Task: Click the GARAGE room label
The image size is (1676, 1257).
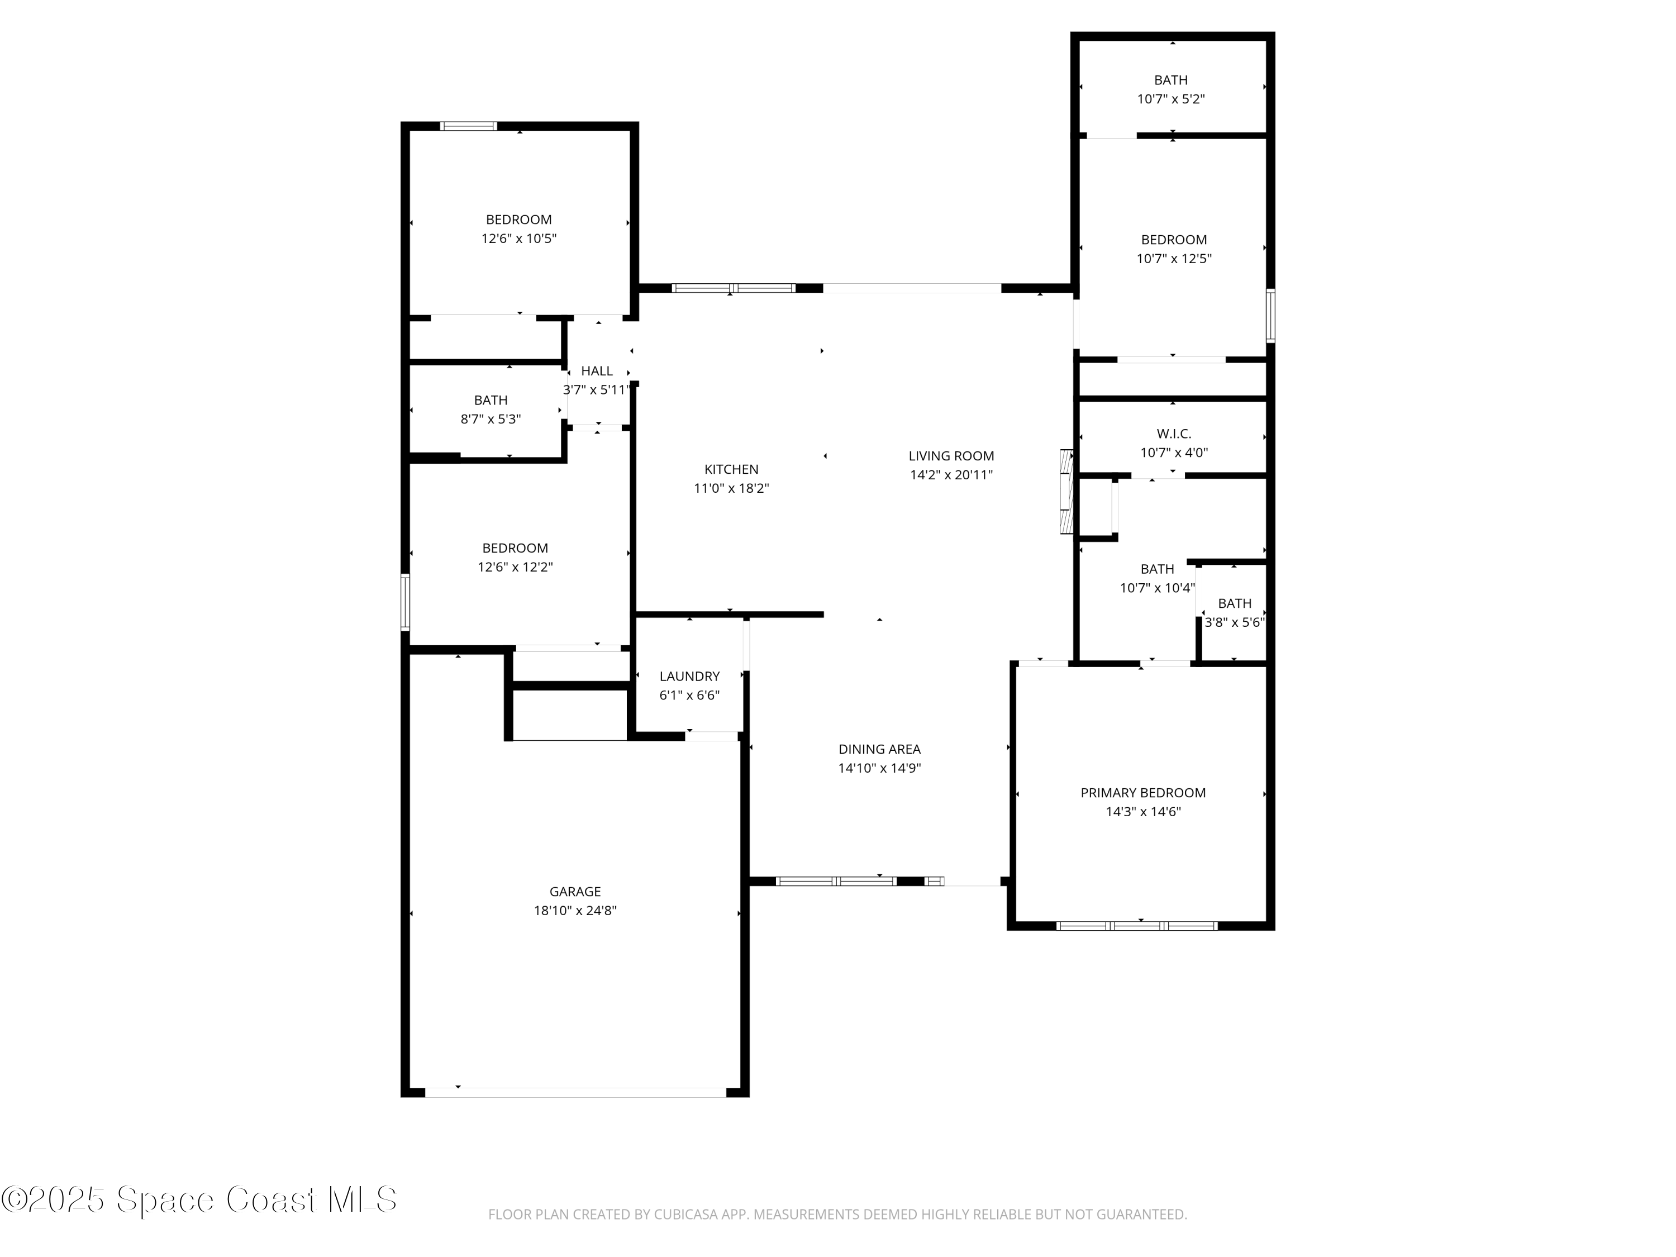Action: [x=575, y=892]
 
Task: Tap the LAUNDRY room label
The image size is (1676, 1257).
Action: [x=689, y=676]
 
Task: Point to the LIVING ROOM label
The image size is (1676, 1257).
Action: [x=951, y=456]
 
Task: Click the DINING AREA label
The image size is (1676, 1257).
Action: [x=879, y=749]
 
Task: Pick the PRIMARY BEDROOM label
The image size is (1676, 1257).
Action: [x=1142, y=793]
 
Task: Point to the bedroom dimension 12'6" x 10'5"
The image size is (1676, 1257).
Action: [x=518, y=239]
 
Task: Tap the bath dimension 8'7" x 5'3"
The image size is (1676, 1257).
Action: [x=490, y=419]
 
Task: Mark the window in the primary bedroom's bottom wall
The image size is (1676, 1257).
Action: [x=1136, y=926]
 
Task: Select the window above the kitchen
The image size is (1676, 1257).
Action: [x=734, y=288]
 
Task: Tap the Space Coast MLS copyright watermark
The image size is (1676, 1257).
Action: [x=198, y=1200]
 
